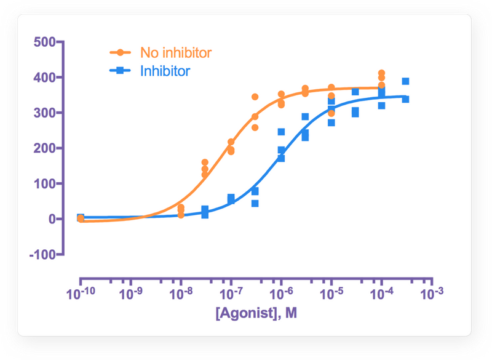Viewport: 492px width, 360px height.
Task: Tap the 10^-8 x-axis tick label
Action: click(180, 295)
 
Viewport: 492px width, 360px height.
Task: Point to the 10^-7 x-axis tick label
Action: click(231, 295)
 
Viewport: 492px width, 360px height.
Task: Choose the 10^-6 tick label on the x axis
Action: click(281, 295)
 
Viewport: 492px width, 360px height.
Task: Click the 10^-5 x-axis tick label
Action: click(331, 295)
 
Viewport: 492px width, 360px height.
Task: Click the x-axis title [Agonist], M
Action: click(256, 314)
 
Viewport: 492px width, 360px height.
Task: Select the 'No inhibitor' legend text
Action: click(176, 52)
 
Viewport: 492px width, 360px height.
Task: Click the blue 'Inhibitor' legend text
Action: click(165, 71)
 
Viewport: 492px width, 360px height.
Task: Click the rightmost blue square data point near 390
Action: click(406, 81)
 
